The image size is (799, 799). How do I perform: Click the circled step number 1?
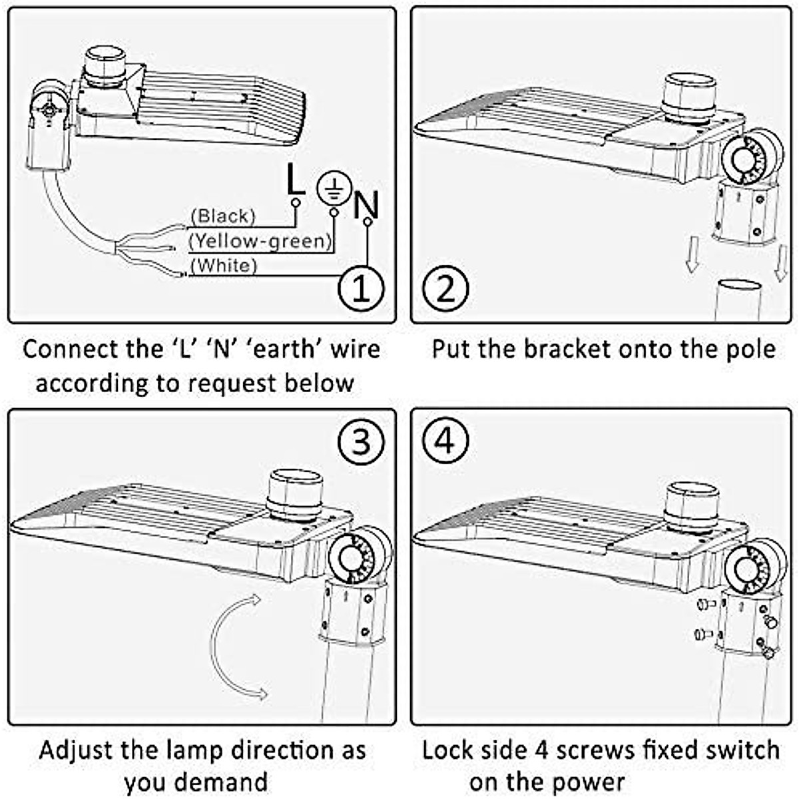point(361,289)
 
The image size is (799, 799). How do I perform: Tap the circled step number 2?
point(445,289)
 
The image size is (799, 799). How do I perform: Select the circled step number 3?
point(361,442)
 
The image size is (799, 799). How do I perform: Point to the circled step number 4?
point(445,442)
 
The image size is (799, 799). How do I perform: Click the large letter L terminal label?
point(296,179)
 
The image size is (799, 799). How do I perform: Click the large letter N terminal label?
point(366,204)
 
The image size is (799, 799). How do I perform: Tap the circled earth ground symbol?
point(334,188)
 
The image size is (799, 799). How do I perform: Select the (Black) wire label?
point(223,216)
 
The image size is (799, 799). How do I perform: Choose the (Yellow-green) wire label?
point(261,241)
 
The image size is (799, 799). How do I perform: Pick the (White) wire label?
point(224,266)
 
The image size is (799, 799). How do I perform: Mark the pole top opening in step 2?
point(739,287)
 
